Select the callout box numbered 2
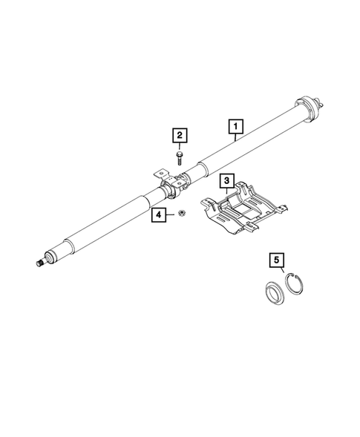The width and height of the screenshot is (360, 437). [179, 135]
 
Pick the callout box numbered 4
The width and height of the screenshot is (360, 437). [158, 215]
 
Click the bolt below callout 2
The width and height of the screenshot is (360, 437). [179, 156]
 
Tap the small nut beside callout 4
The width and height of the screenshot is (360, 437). [179, 215]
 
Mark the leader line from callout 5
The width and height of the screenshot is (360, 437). [279, 271]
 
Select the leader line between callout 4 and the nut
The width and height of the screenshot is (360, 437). [170, 215]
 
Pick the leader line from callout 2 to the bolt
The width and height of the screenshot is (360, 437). [179, 146]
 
